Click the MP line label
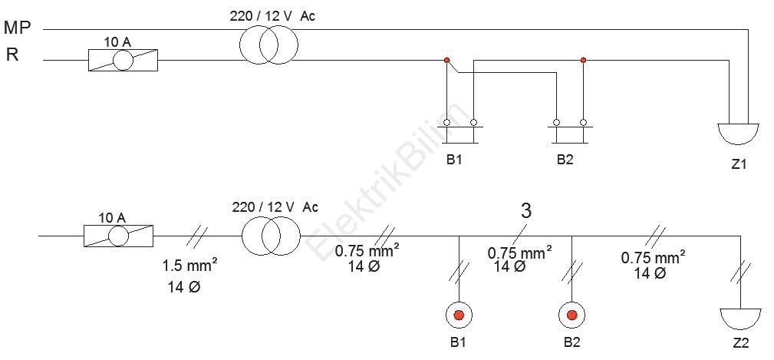(18, 28)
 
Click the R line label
(12, 54)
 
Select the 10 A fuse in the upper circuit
(123, 60)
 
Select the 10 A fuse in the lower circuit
(118, 235)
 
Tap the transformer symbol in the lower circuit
(271, 236)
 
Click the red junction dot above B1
(446, 60)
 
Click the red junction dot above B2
(584, 60)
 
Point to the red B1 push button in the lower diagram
(459, 315)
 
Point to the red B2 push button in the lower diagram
(572, 315)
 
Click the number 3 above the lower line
(526, 211)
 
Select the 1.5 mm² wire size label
(190, 265)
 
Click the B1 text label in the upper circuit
(454, 161)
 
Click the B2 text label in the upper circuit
(565, 161)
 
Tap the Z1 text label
(739, 164)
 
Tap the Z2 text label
(741, 342)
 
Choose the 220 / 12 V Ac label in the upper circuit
(272, 16)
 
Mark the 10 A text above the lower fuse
(113, 218)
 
